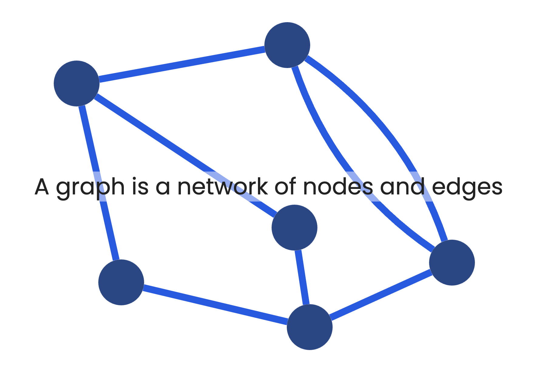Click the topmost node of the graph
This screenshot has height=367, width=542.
point(287,45)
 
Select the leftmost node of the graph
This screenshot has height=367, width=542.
point(76,84)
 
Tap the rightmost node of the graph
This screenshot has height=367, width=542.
point(452,262)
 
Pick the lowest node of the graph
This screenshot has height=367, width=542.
point(310,327)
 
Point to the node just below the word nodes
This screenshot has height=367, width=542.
point(294,228)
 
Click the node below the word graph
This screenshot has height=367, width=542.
point(121,282)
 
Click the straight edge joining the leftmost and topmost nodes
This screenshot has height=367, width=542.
point(182,64)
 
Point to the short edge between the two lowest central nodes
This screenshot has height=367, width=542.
point(302,277)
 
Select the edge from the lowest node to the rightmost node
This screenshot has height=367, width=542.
point(381,295)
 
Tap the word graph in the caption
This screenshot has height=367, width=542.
point(90,188)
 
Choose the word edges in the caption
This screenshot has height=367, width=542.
point(467,188)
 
